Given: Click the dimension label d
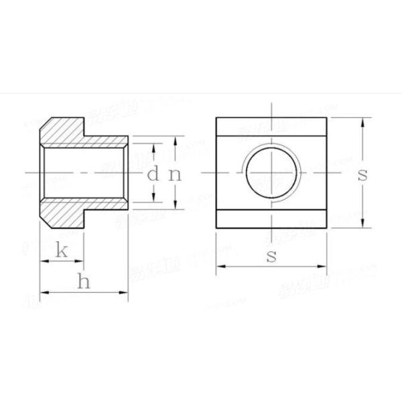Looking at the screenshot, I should point(153,175).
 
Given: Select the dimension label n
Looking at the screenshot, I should point(175,175).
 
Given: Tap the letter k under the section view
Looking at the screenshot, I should point(61,251).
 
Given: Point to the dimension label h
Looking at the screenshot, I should point(83,282).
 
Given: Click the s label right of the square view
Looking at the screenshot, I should point(362,175).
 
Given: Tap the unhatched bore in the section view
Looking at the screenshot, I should point(84,174).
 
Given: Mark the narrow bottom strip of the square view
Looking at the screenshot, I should point(271,219).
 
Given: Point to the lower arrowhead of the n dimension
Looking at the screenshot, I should point(176,206).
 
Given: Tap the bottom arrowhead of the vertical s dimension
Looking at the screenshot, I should point(362,224).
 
